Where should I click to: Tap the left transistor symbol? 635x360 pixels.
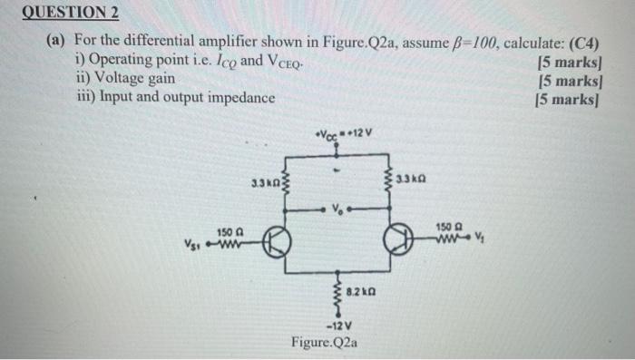[x=278, y=242]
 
